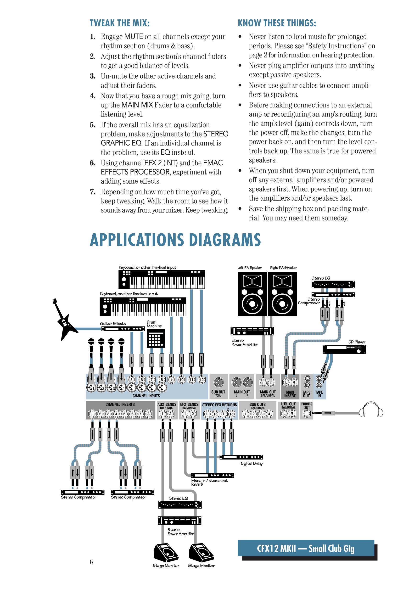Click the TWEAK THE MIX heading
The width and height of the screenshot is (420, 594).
[x=120, y=23]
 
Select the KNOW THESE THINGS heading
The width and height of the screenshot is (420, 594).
[x=277, y=23]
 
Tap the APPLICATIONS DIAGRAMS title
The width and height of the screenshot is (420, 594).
[x=175, y=240]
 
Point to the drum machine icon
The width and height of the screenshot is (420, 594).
[x=156, y=338]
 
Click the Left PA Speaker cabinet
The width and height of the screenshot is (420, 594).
[x=252, y=294]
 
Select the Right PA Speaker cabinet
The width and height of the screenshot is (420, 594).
[x=282, y=294]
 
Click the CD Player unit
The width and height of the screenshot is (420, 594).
[x=344, y=349]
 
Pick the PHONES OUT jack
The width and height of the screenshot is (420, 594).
[x=307, y=413]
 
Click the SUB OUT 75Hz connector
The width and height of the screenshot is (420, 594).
[x=218, y=382]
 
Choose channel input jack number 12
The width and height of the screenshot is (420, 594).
[x=202, y=380]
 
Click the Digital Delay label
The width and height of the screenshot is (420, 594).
[x=252, y=464]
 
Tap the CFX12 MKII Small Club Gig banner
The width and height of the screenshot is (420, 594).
[x=306, y=549]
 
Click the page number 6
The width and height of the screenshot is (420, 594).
[x=91, y=562]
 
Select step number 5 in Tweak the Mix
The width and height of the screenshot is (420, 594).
[x=93, y=125]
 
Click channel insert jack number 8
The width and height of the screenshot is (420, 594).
[x=149, y=414]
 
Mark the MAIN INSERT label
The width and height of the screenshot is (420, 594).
[x=290, y=394]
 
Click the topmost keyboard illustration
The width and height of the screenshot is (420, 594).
[x=162, y=279]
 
